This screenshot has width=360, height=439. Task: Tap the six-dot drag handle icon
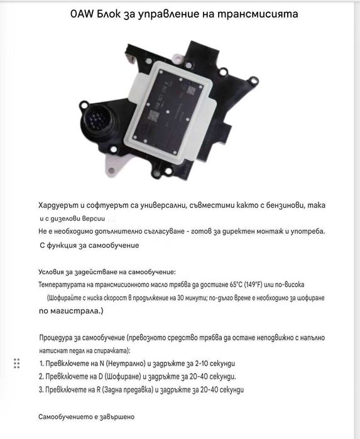pos(17,363)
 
